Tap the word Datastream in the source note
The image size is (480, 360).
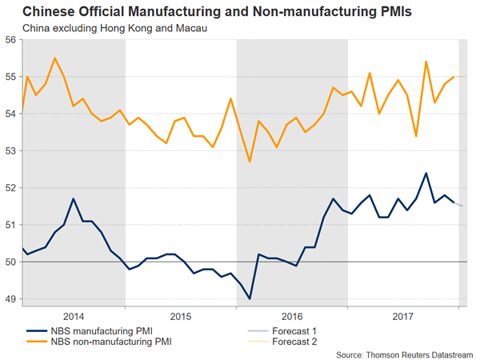click(x=448, y=354)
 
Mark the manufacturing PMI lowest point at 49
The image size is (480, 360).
click(x=250, y=298)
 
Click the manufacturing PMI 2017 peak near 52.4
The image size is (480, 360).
click(x=426, y=173)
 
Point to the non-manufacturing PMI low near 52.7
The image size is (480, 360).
click(x=250, y=162)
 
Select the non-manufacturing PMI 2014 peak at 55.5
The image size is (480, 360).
click(x=54, y=58)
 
